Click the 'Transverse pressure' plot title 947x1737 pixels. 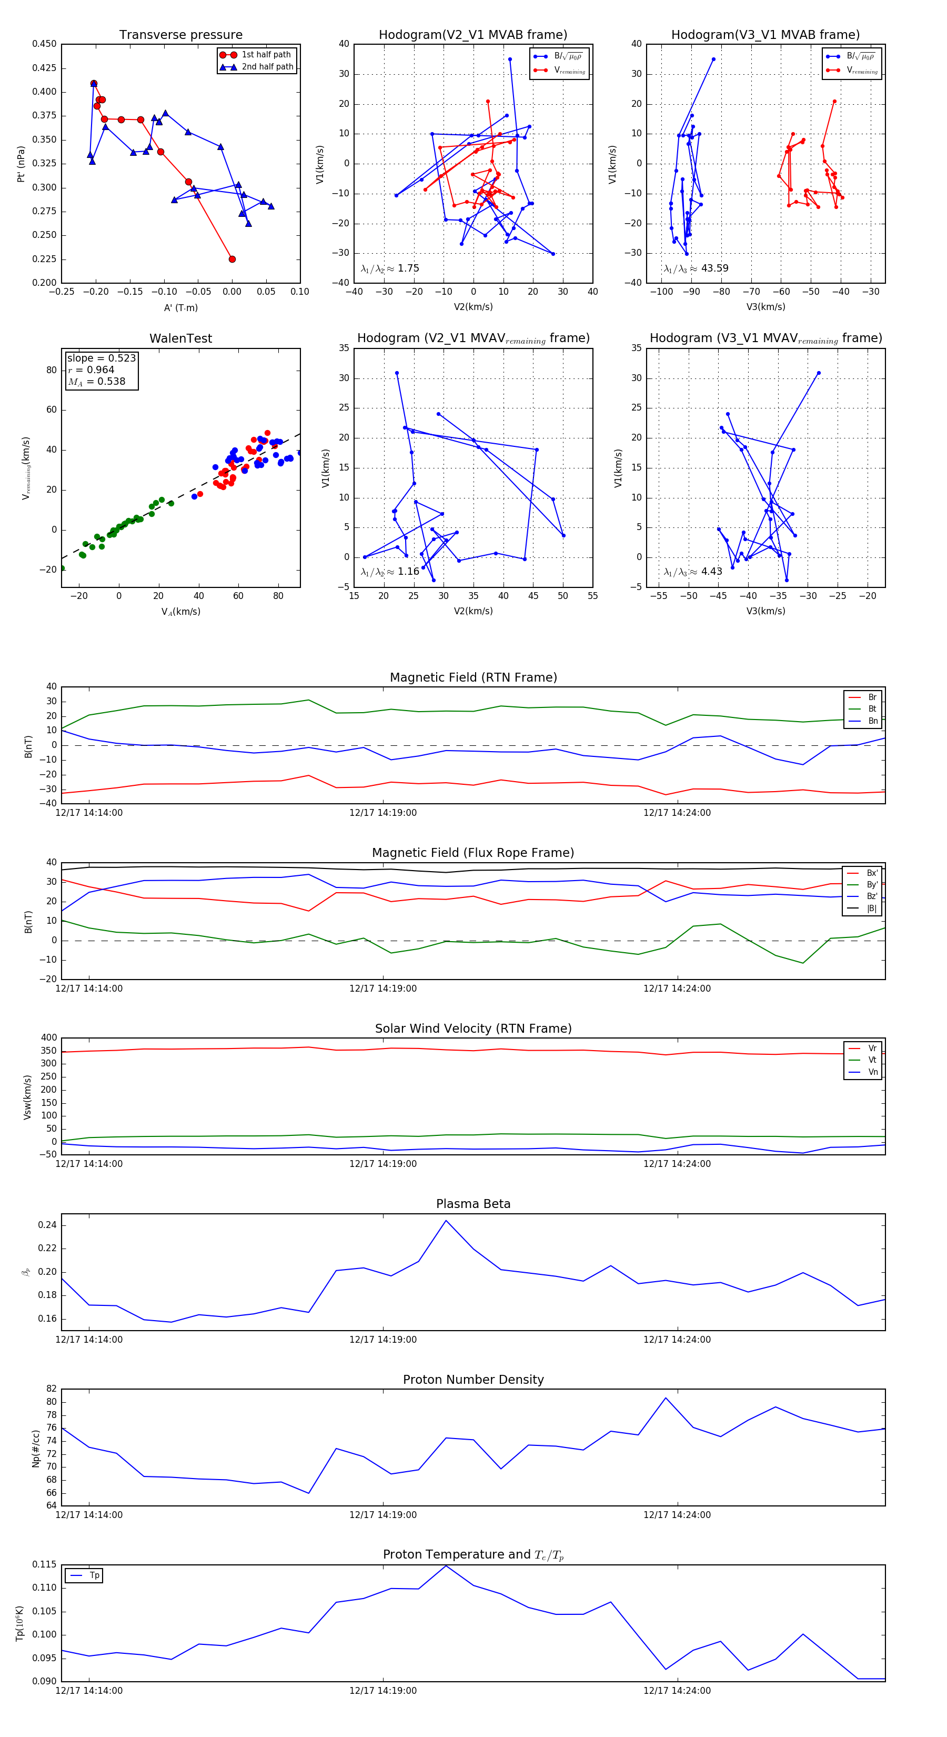coord(180,35)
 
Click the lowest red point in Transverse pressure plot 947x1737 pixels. coord(232,259)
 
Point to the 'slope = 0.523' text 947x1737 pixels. coord(101,358)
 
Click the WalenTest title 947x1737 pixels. coord(180,338)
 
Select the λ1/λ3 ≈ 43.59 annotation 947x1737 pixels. coord(696,268)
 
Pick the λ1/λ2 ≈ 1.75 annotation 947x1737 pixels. coord(389,268)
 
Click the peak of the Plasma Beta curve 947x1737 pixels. coord(446,1221)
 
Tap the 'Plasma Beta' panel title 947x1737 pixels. coord(473,1204)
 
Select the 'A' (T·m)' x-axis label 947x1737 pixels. coord(180,308)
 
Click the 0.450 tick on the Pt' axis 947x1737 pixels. coord(45,44)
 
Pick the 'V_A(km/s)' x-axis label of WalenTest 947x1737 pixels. coord(180,612)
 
